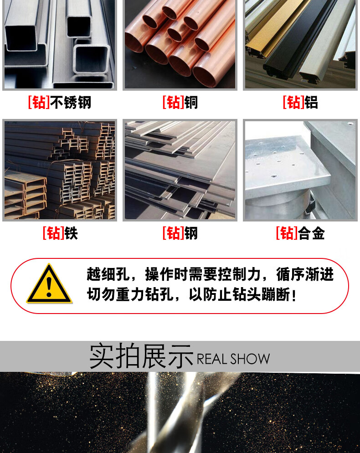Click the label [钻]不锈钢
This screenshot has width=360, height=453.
pyautogui.click(x=60, y=103)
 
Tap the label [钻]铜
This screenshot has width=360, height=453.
pyautogui.click(x=180, y=103)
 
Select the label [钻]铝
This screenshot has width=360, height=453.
pyautogui.click(x=300, y=103)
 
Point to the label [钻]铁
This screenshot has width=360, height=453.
pyautogui.click(x=60, y=233)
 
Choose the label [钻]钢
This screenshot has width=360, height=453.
pyautogui.click(x=180, y=233)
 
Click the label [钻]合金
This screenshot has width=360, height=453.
pyautogui.click(x=300, y=233)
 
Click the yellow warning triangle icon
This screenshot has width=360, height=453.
pyautogui.click(x=49, y=284)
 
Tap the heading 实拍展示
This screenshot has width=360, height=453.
pyautogui.click(x=141, y=356)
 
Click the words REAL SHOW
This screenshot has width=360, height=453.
pyautogui.click(x=233, y=359)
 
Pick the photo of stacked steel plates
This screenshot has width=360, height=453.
pyautogui.click(x=180, y=170)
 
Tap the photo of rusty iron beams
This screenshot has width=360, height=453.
pyautogui.click(x=60, y=170)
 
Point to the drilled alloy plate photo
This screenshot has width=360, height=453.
pyautogui.click(x=300, y=170)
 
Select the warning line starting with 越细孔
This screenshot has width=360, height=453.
pyautogui.click(x=211, y=274)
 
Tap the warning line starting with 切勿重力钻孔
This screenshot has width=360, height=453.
pyautogui.click(x=192, y=295)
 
